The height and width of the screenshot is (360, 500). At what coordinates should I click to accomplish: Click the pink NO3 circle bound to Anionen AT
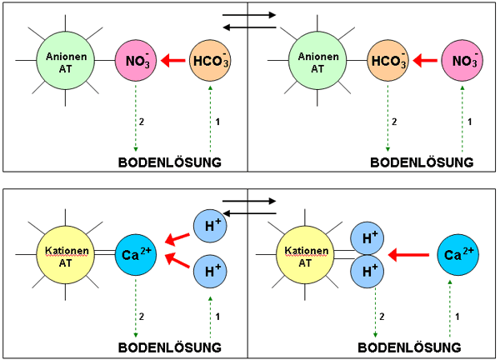(134, 60)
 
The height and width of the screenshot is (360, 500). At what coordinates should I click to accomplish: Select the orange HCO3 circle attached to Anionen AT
(388, 60)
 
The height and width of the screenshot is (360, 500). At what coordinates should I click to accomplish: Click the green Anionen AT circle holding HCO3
(317, 60)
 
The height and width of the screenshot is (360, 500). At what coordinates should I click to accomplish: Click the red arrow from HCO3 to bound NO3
(173, 60)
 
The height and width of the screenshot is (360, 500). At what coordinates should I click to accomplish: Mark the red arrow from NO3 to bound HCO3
(427, 60)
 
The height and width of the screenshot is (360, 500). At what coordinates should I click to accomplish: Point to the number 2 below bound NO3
(143, 122)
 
